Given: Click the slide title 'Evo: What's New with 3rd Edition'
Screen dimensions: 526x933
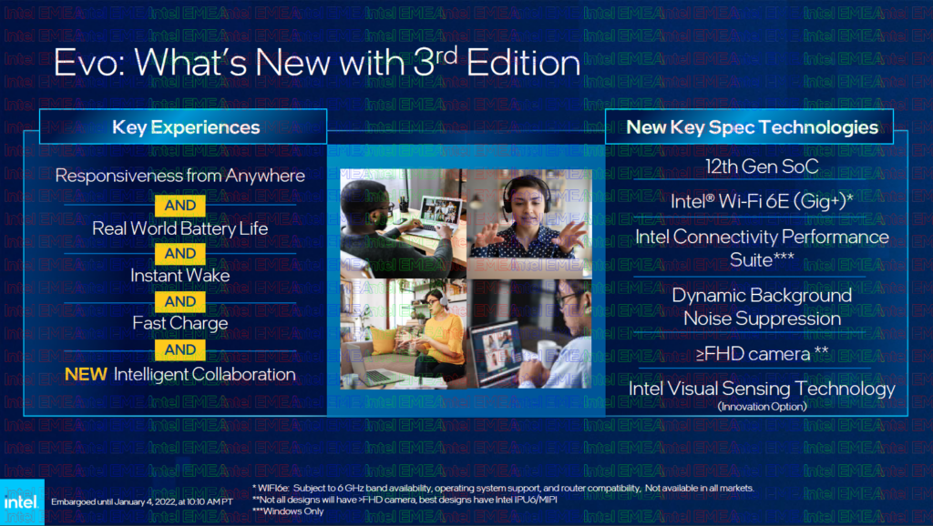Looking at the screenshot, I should tap(316, 63).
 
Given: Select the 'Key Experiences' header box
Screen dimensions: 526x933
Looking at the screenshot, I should tap(173, 127).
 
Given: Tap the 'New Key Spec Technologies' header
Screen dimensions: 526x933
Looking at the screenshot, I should tap(752, 127).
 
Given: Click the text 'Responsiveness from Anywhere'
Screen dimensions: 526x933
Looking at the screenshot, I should tap(180, 176).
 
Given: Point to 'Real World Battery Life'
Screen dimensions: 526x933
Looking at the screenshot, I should tap(180, 228).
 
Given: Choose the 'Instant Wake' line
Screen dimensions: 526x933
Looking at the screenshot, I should tap(180, 275).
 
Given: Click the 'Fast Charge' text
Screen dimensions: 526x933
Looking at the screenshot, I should tap(180, 323).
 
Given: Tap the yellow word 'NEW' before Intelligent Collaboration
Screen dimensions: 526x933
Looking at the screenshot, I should tap(87, 374).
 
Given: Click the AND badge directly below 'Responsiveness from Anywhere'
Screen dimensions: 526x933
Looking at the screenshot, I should tap(180, 206).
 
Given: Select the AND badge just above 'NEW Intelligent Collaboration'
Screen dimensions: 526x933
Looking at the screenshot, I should tap(180, 349).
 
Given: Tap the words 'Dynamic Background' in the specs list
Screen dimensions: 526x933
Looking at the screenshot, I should tap(762, 296).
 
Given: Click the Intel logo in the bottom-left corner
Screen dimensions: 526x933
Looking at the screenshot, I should tap(22, 501).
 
